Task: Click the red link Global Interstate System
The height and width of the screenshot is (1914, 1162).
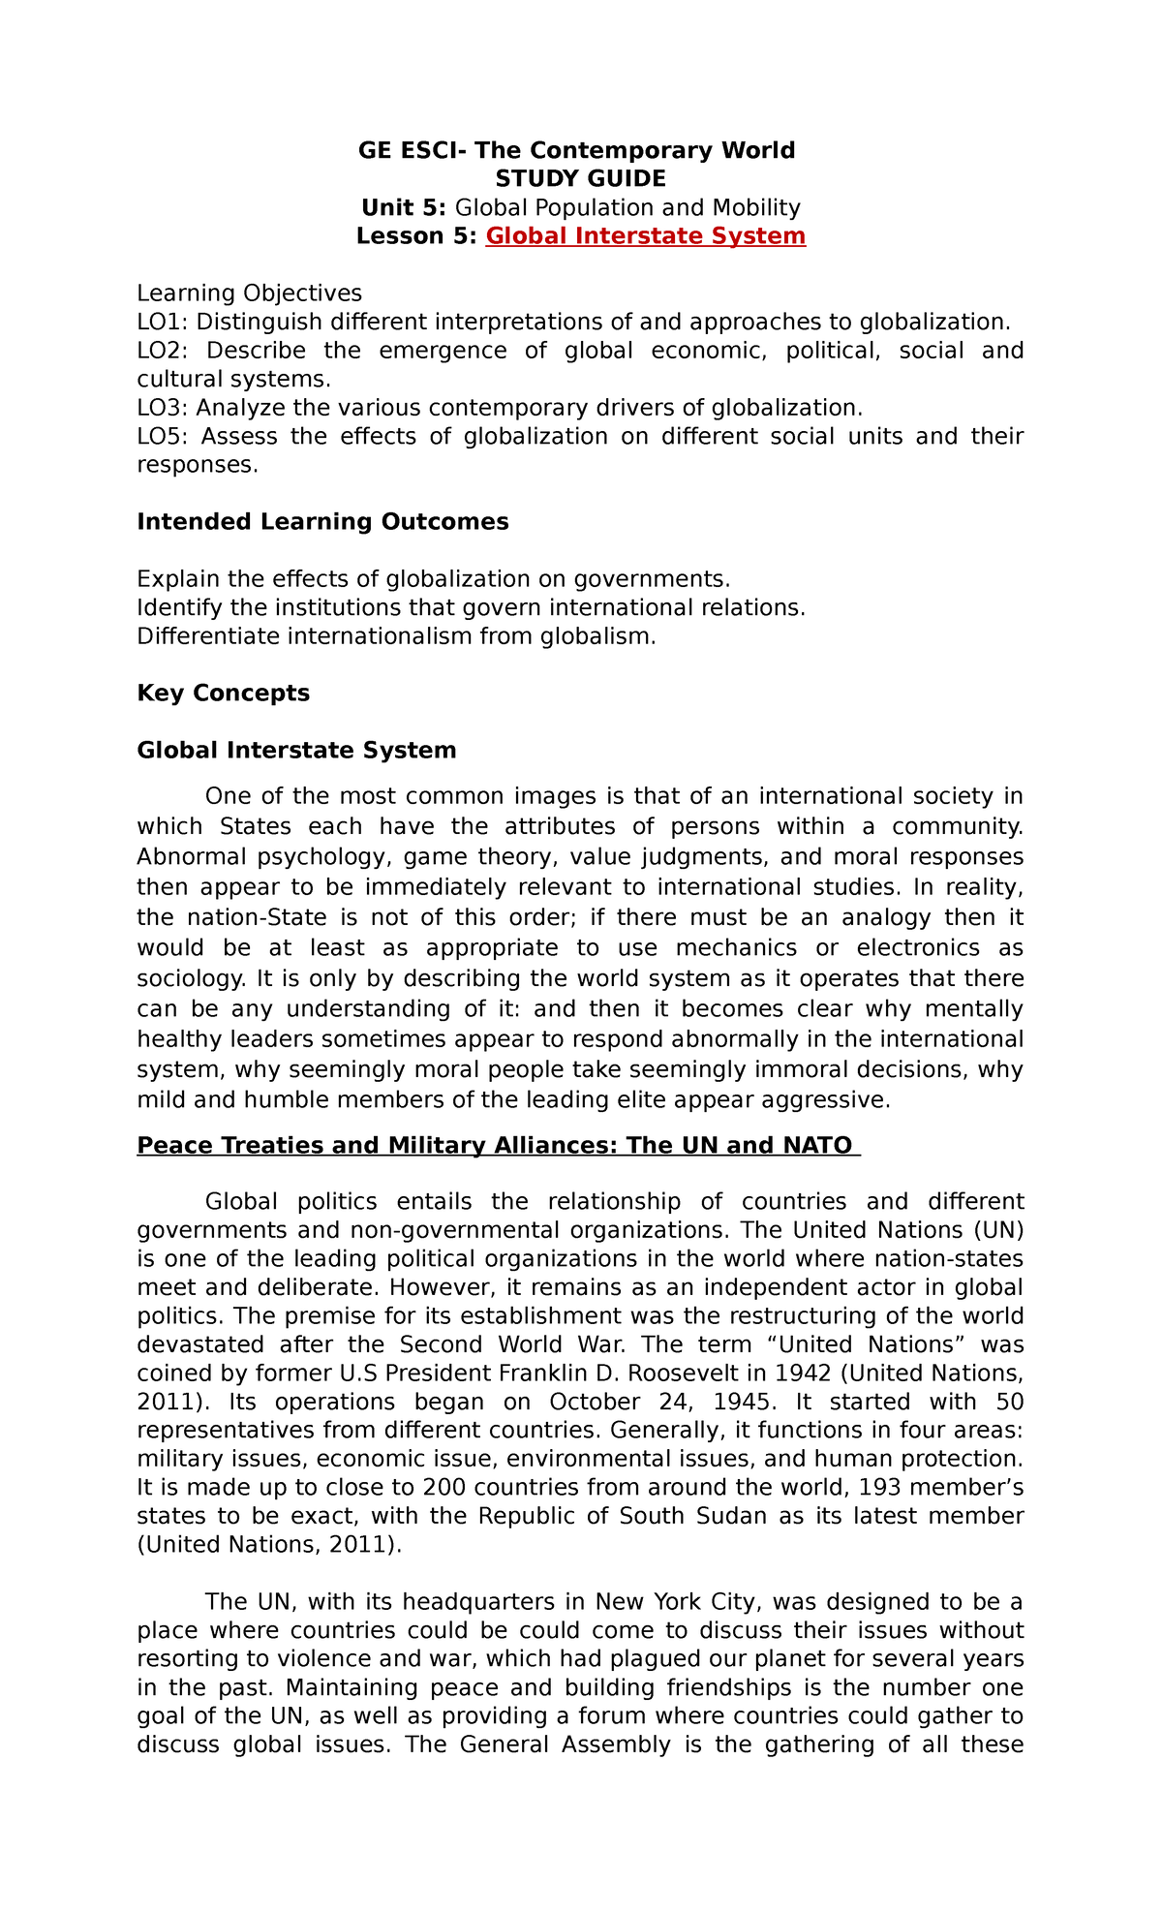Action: (x=645, y=236)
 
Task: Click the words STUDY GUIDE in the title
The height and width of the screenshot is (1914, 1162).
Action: (x=580, y=179)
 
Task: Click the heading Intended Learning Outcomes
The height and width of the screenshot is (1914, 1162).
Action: (x=322, y=522)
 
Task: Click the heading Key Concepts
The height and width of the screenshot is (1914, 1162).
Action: (x=224, y=694)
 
